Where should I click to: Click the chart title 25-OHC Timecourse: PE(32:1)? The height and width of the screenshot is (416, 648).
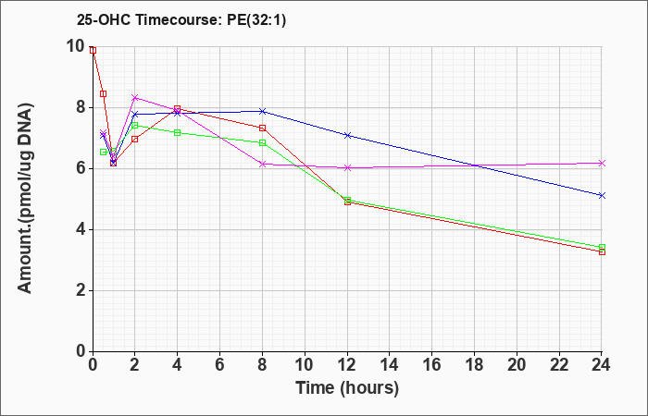181,20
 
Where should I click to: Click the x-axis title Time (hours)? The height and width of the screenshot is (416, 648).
347,388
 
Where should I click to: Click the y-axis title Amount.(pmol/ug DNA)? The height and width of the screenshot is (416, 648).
25,199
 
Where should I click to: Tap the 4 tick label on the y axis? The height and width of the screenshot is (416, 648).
81,230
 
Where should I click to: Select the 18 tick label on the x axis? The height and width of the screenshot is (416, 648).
474,365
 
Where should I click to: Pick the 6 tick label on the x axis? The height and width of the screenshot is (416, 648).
219,365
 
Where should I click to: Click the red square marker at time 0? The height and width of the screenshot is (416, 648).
93,50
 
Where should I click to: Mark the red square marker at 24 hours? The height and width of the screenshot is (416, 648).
602,251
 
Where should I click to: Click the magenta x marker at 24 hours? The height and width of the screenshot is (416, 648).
602,163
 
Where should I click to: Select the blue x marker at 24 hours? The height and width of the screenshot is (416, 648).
602,195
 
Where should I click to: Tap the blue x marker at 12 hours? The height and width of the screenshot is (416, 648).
347,135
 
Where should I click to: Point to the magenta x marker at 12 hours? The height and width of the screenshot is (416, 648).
347,167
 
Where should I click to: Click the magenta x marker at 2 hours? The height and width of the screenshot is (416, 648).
135,98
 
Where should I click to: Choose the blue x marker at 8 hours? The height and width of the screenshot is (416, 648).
262,112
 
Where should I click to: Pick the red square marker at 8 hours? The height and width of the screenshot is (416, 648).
262,128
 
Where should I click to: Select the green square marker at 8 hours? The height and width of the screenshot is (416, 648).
262,142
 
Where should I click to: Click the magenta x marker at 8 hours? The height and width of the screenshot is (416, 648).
262,164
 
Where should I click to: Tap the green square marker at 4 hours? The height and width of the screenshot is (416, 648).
178,132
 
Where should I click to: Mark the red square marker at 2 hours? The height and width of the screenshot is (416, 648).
135,139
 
